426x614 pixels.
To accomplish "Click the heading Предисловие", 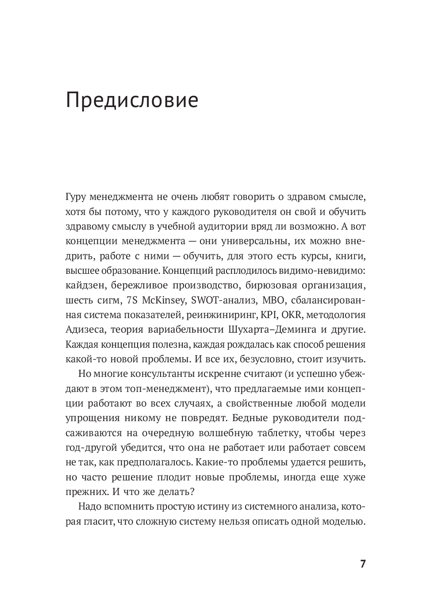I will [132, 101].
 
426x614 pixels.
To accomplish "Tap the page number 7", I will [363, 564].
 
